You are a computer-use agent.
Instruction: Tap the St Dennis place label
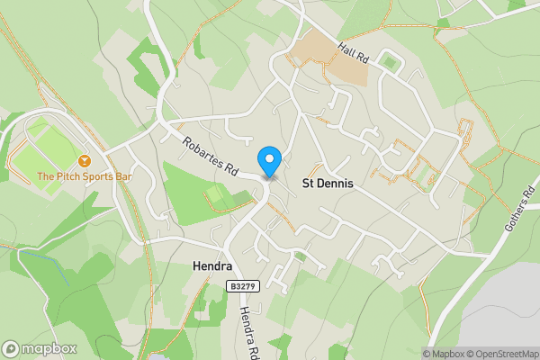pyautogui.click(x=327, y=184)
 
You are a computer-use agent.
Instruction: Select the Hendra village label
pyautogui.click(x=213, y=267)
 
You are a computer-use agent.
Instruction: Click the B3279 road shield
pyautogui.click(x=238, y=286)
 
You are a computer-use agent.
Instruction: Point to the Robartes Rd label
pyautogui.click(x=209, y=155)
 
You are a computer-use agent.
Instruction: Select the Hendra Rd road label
pyautogui.click(x=248, y=329)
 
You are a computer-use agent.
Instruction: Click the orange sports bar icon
pyautogui.click(x=85, y=160)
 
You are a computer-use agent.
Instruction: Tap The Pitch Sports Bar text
pyautogui.click(x=85, y=176)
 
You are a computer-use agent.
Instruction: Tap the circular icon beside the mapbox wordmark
pyautogui.click(x=11, y=349)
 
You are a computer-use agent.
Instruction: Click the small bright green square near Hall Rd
pyautogui.click(x=389, y=61)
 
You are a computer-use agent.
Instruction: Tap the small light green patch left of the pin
pyautogui.click(x=216, y=193)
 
